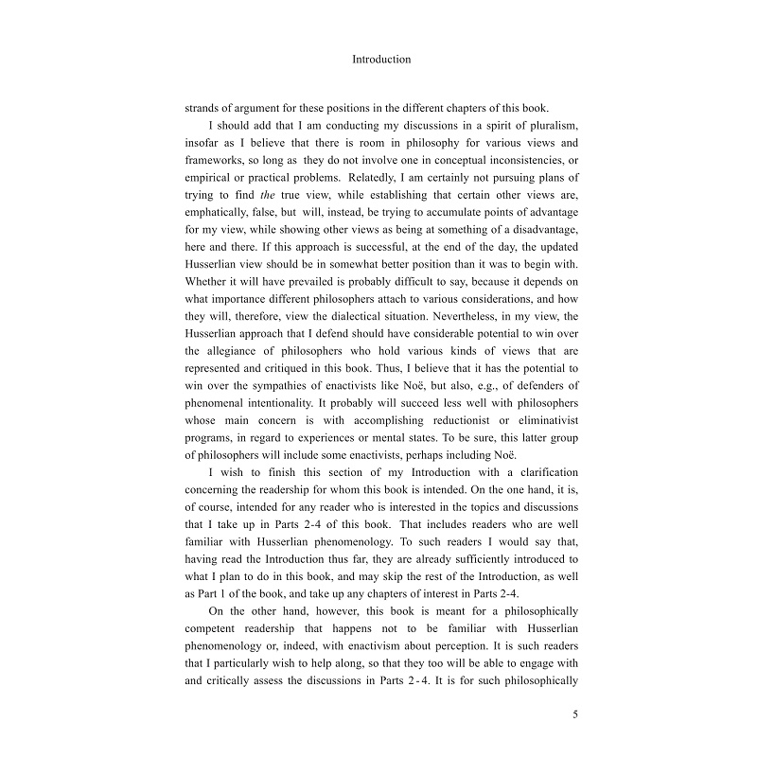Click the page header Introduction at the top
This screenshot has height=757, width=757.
point(381,59)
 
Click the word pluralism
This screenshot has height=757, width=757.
point(541,127)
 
